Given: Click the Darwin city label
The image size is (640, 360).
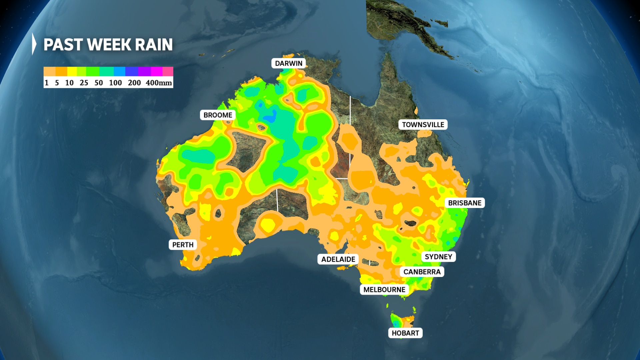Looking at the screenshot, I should coord(289,63).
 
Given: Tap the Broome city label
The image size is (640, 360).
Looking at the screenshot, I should coord(218,115).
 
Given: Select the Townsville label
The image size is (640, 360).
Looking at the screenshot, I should coord(423,125).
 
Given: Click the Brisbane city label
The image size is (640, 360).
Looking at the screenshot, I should coord(465,203).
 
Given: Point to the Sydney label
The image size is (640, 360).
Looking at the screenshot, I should coord(438,257).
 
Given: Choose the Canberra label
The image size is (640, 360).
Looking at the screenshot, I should coord(422,272).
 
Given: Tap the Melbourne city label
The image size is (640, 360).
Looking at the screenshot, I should coord(384,290).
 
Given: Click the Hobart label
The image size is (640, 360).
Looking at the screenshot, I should coord(405,333).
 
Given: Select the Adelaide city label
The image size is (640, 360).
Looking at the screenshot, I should coord(338,259).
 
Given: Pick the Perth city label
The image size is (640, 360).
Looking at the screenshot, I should coord(183,245).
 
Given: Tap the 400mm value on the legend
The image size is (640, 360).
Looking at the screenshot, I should coord(159,83).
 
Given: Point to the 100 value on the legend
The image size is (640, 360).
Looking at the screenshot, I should coord(115,83).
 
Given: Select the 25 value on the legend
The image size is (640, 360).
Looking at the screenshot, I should coord(84,83).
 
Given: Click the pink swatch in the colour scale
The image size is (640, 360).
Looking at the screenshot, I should coord(168,71).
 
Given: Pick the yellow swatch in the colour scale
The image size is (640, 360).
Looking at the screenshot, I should coord(72,71).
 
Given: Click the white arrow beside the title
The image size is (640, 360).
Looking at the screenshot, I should coord(34,44).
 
